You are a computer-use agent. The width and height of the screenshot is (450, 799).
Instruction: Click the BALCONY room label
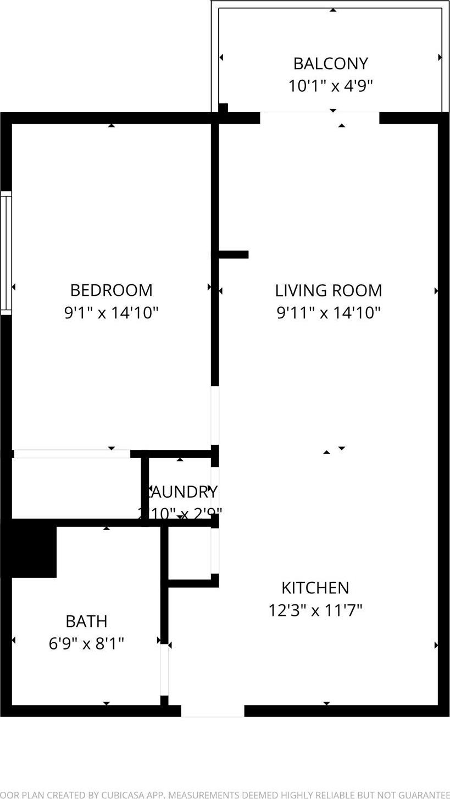(330, 64)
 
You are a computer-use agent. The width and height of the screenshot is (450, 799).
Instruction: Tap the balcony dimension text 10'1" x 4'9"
(330, 86)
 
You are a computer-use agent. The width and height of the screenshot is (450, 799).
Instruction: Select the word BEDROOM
(112, 290)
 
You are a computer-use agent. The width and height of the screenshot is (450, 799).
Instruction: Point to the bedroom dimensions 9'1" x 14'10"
(112, 313)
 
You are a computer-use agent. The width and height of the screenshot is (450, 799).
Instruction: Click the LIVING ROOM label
(329, 290)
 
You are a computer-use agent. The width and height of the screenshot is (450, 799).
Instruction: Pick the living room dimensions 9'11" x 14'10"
(329, 313)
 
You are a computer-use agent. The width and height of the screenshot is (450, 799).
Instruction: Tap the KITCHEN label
(315, 588)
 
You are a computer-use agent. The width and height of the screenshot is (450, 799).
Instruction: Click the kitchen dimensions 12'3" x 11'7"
(315, 610)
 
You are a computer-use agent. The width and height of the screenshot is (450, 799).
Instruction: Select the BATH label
(86, 621)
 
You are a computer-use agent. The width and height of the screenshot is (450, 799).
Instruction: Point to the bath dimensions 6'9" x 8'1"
(86, 643)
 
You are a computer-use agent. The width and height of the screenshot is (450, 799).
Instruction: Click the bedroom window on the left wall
(6, 253)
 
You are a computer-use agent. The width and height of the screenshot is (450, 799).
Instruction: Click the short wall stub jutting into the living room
(234, 255)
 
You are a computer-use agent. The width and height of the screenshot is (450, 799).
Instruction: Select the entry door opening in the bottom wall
(213, 711)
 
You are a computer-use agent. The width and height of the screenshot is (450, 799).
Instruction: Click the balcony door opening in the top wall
(319, 118)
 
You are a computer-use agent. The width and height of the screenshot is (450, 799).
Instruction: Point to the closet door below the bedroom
(72, 454)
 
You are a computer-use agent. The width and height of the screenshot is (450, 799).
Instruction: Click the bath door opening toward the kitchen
(164, 669)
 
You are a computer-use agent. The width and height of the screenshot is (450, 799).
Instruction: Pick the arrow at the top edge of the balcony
(333, 10)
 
